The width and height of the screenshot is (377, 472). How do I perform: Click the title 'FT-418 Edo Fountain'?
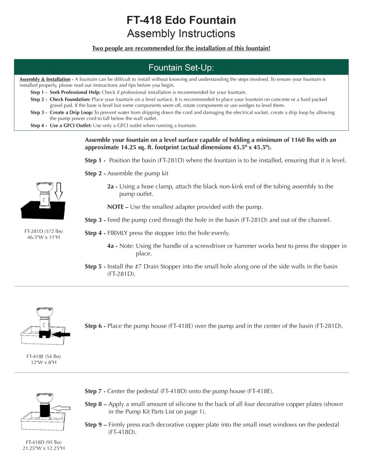(181, 20)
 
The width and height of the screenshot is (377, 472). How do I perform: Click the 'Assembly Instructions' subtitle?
(181, 34)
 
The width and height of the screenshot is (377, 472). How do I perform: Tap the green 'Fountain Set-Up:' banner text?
(181, 68)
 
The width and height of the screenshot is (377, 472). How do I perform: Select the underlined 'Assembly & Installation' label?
(45, 79)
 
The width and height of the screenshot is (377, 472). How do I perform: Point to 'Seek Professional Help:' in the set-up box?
(75, 92)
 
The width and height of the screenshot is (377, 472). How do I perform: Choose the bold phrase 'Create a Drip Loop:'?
(71, 113)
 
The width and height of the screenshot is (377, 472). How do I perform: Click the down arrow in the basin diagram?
(58, 191)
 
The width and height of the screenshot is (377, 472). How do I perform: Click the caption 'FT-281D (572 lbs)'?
(44, 231)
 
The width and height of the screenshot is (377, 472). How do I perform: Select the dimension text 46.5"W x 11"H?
(44, 237)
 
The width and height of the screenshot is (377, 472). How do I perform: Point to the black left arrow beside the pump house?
(61, 334)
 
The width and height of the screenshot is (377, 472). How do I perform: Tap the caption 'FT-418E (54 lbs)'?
(44, 356)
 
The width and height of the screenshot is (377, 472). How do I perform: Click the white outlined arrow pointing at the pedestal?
(61, 408)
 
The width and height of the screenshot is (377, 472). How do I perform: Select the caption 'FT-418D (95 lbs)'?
(44, 442)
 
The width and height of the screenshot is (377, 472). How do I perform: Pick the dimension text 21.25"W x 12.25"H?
(44, 448)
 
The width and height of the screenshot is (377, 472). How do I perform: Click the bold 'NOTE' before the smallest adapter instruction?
(115, 207)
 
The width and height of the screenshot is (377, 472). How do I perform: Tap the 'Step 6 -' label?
(95, 326)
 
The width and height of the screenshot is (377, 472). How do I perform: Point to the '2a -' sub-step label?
(112, 187)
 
